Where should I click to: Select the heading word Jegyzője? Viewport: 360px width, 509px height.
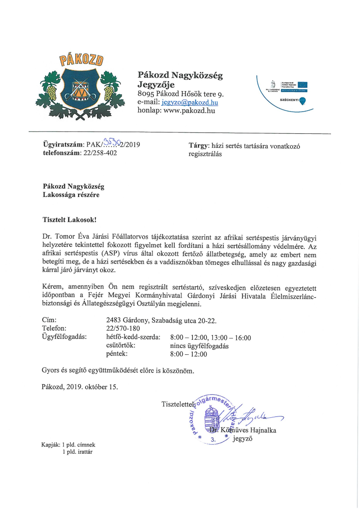point(156,84)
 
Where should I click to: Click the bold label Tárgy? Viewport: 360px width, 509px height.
point(197,146)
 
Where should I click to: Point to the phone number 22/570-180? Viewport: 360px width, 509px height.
point(123,328)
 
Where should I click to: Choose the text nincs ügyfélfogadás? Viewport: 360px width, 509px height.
point(199,346)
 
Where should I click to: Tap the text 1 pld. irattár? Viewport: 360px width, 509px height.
point(79,452)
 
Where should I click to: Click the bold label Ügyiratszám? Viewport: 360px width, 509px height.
point(60,145)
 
